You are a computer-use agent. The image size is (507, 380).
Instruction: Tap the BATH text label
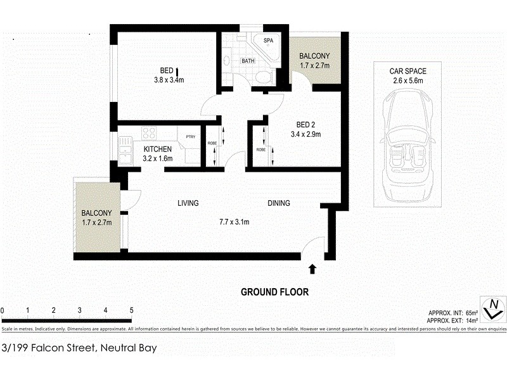(x=248, y=61)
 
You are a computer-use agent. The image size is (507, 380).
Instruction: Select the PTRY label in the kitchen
(x=190, y=137)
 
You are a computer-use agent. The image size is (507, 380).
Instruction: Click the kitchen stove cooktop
(x=150, y=134)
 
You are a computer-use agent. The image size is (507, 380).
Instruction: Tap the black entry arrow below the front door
(x=312, y=269)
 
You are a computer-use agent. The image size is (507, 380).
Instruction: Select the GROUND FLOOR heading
(x=274, y=292)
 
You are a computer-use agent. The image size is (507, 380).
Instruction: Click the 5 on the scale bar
(x=131, y=310)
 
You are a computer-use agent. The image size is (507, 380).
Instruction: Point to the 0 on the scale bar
(x=3, y=310)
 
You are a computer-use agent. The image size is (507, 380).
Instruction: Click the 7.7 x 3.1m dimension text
(x=234, y=222)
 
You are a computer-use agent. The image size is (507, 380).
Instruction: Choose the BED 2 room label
(x=302, y=124)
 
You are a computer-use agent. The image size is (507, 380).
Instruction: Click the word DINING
(x=279, y=203)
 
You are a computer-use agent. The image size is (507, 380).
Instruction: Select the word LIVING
(x=188, y=203)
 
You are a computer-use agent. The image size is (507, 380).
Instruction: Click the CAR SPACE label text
(x=408, y=72)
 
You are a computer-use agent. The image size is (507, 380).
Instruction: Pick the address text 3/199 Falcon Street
(x=51, y=348)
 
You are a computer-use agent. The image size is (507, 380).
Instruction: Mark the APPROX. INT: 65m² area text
(x=453, y=313)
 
